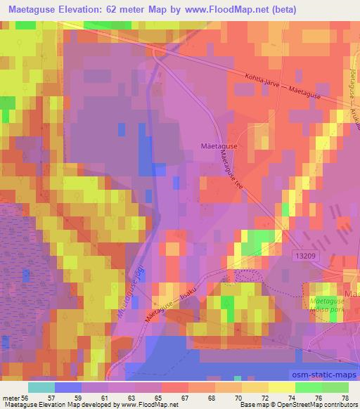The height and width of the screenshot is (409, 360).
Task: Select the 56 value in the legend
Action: (x=25, y=397)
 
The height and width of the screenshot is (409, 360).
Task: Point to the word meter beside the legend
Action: (x=11, y=397)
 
